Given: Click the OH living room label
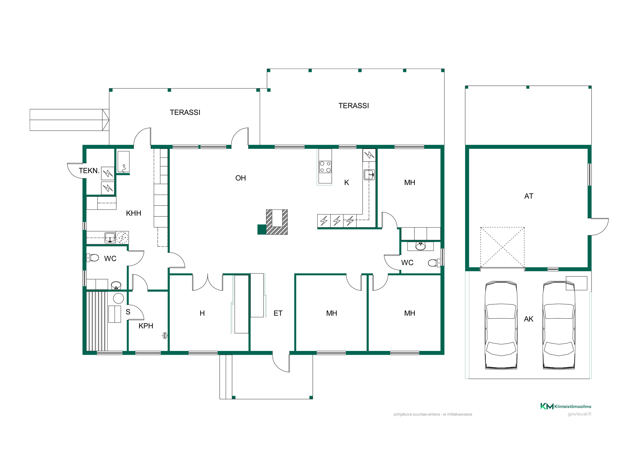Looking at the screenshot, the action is [x=240, y=178].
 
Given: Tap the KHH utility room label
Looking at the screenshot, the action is [x=133, y=213].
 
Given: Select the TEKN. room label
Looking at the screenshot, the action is [x=89, y=171].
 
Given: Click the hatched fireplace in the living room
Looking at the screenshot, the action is [x=277, y=222].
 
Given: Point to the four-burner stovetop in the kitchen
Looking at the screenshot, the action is [x=325, y=167].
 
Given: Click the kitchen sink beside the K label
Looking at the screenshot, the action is [x=369, y=175].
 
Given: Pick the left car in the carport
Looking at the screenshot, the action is [x=501, y=325].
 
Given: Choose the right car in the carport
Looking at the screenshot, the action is [x=559, y=325].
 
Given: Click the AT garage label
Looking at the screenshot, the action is [x=529, y=196].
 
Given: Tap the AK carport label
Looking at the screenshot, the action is [x=529, y=319].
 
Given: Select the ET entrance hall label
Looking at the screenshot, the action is [x=278, y=313].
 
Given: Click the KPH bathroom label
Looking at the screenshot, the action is [x=146, y=326].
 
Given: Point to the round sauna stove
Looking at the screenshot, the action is [x=118, y=298].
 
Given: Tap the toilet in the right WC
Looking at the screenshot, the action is [x=434, y=263].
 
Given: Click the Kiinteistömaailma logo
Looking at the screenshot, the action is [x=565, y=406].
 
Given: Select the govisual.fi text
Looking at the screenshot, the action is [x=579, y=414].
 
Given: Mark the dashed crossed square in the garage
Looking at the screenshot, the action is [x=502, y=248].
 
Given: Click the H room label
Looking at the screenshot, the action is [x=202, y=313].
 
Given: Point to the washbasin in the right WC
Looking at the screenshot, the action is [x=420, y=246].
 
